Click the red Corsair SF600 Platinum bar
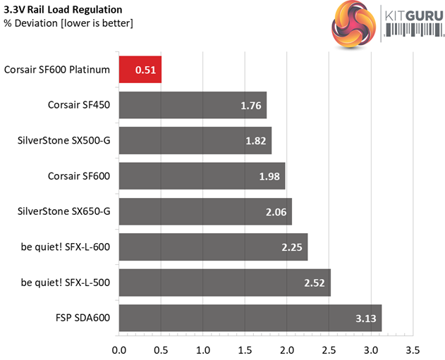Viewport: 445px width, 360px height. (x=140, y=70)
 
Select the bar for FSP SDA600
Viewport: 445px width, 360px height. (x=250, y=318)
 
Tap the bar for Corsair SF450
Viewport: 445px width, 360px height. (x=193, y=105)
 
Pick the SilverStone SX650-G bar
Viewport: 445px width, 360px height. (x=205, y=211)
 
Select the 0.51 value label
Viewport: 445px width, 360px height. (x=145, y=70)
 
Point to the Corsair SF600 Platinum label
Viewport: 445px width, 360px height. (x=57, y=70)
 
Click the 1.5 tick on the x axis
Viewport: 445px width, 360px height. (x=245, y=349)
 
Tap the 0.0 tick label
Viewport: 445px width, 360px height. (x=119, y=349)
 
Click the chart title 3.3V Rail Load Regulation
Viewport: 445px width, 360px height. (x=63, y=10)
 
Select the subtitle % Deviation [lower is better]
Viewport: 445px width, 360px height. (x=68, y=24)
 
